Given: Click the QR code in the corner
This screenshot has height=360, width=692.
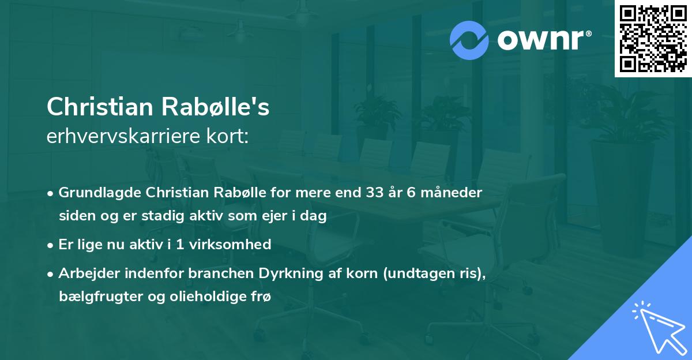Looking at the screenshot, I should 652,39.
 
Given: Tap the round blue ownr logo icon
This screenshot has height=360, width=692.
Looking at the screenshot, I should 469,40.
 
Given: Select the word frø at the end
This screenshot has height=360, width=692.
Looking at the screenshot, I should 261,297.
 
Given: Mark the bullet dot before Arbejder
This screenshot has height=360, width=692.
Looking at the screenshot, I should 51,273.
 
